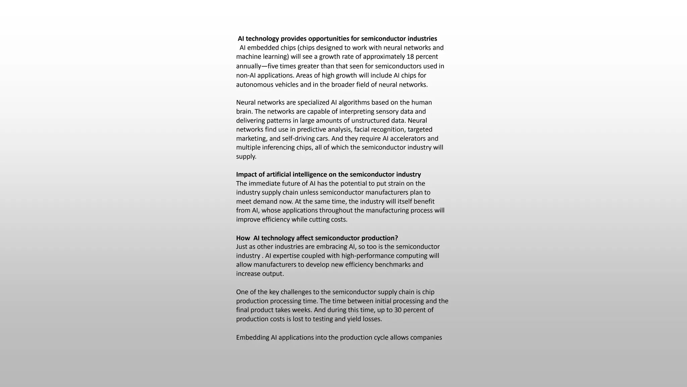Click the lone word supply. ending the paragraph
point(246,157)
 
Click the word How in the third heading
point(243,238)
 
